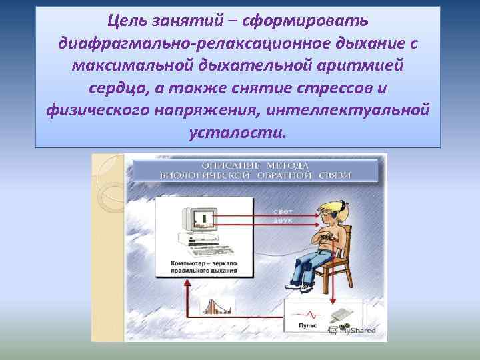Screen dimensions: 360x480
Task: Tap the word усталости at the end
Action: click(237, 131)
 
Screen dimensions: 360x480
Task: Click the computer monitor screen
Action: click(201, 218)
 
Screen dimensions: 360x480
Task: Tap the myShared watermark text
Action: click(353, 329)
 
